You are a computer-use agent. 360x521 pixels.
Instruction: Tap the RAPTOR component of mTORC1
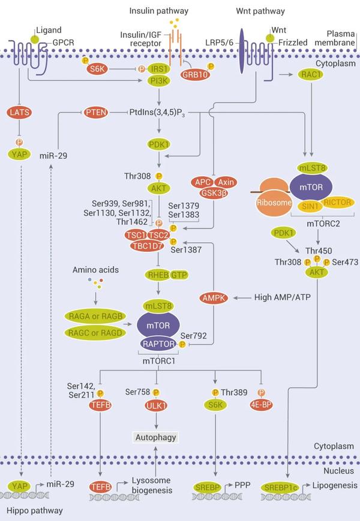pyautogui.click(x=162, y=344)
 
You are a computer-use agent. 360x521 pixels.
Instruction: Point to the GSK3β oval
pyautogui.click(x=215, y=193)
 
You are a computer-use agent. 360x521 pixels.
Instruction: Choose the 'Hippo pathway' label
pyautogui.click(x=27, y=510)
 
